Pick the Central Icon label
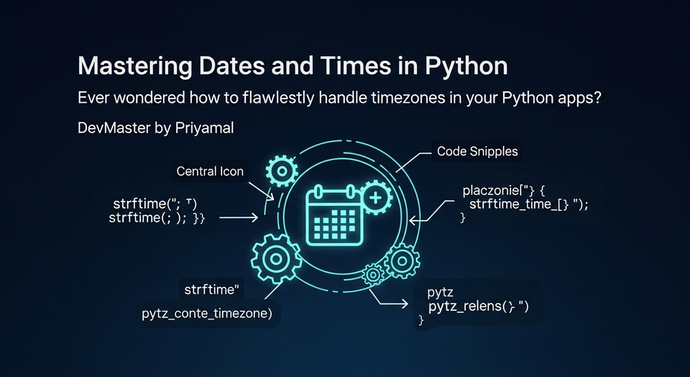click(210, 171)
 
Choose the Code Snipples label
click(477, 153)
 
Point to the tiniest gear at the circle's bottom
click(372, 273)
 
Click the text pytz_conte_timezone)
click(211, 314)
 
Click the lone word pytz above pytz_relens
click(440, 292)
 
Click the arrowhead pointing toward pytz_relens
click(405, 305)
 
